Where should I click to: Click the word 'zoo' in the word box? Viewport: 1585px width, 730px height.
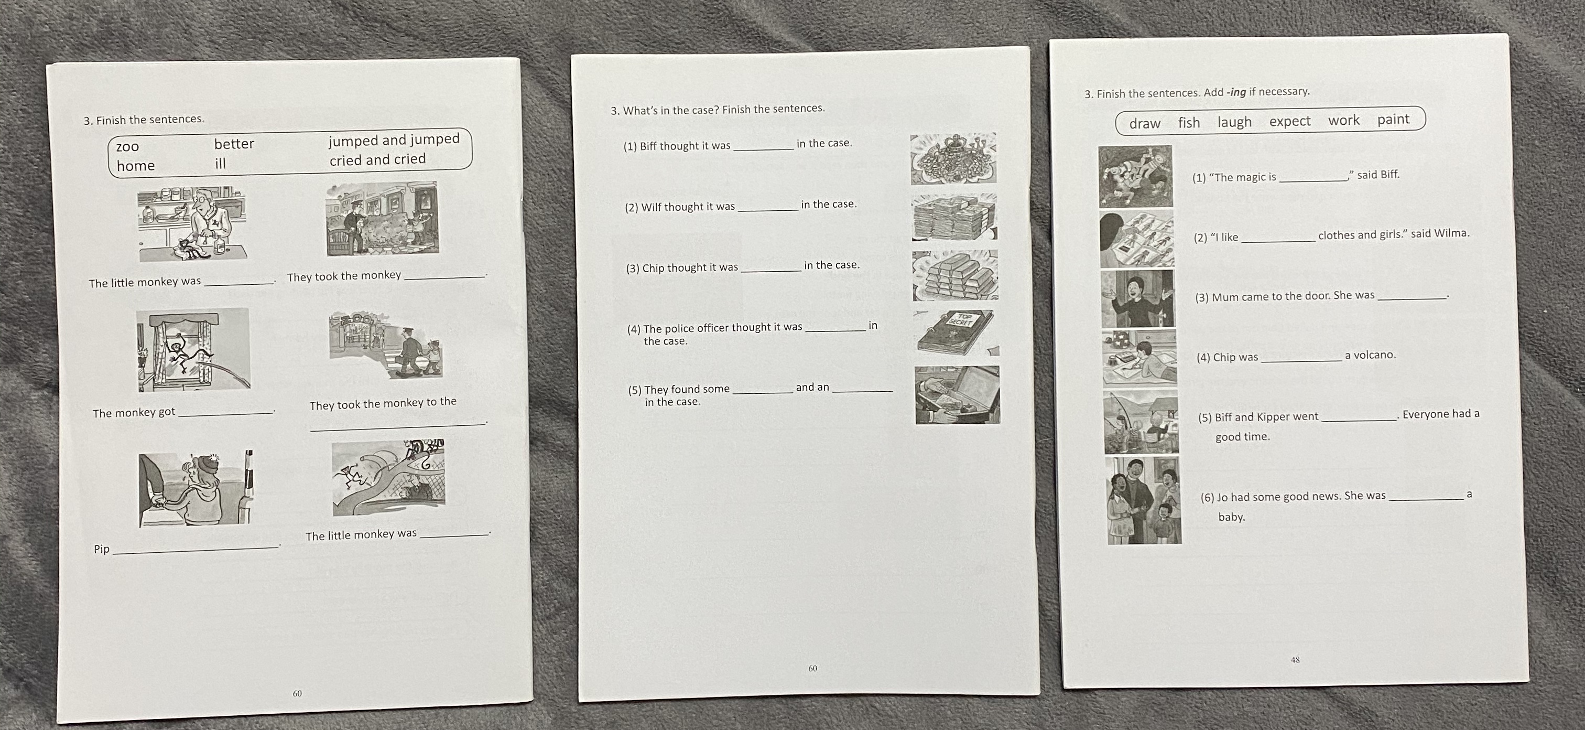pos(127,146)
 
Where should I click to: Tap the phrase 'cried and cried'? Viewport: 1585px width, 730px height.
pos(377,159)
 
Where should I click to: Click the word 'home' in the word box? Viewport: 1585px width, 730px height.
pos(135,166)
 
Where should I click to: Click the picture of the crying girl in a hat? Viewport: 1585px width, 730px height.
pos(196,489)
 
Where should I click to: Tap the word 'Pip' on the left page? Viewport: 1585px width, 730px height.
pos(102,549)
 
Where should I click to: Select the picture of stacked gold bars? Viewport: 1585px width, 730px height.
pos(955,275)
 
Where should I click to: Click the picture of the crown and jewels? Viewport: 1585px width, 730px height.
pos(953,159)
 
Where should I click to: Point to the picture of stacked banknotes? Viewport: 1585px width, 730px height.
pos(954,217)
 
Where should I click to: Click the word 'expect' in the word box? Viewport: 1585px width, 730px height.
pos(1290,121)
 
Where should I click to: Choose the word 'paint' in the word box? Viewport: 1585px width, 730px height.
pos(1393,120)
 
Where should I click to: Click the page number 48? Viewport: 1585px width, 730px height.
pos(1295,660)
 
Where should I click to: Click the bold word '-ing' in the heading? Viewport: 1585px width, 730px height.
pos(1236,92)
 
